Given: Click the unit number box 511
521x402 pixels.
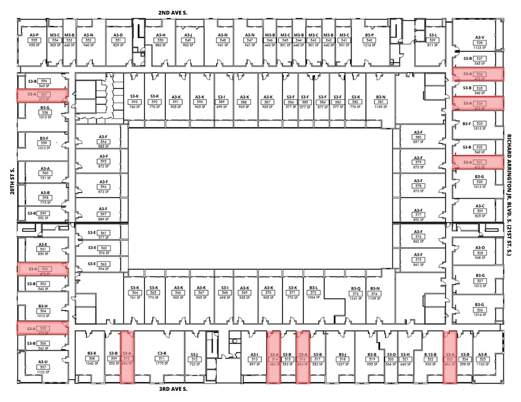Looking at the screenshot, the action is [x=162, y=358].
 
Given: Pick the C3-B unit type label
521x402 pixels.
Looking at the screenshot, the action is [x=162, y=353].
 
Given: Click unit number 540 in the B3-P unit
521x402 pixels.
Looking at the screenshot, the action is [x=370, y=40].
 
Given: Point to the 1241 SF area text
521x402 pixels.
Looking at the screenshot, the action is [x=356, y=299].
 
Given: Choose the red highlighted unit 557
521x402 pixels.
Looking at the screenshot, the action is [x=42, y=95].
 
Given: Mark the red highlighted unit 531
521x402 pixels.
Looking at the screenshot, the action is [x=478, y=162].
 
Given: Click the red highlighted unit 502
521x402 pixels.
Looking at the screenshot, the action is [x=42, y=269].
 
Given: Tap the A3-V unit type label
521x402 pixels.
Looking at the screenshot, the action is [x=479, y=37].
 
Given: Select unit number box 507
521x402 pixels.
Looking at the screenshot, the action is [x=43, y=366].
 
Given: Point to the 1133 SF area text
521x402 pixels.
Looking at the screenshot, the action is [x=479, y=47].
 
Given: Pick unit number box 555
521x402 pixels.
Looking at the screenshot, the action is [x=35, y=40].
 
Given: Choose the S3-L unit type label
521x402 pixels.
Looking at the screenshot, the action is [x=433, y=35].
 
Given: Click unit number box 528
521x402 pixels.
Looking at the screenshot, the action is [x=479, y=253].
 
